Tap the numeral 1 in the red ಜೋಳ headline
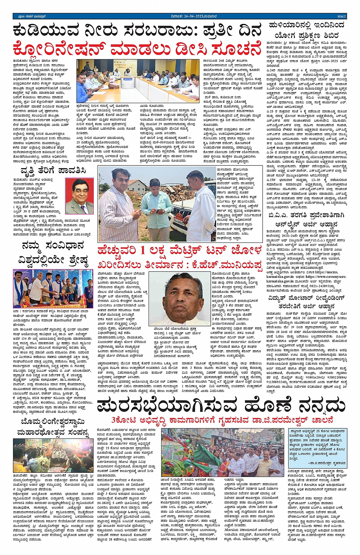[142, 251]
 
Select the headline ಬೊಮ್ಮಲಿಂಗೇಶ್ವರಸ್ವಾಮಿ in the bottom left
[53, 422]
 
